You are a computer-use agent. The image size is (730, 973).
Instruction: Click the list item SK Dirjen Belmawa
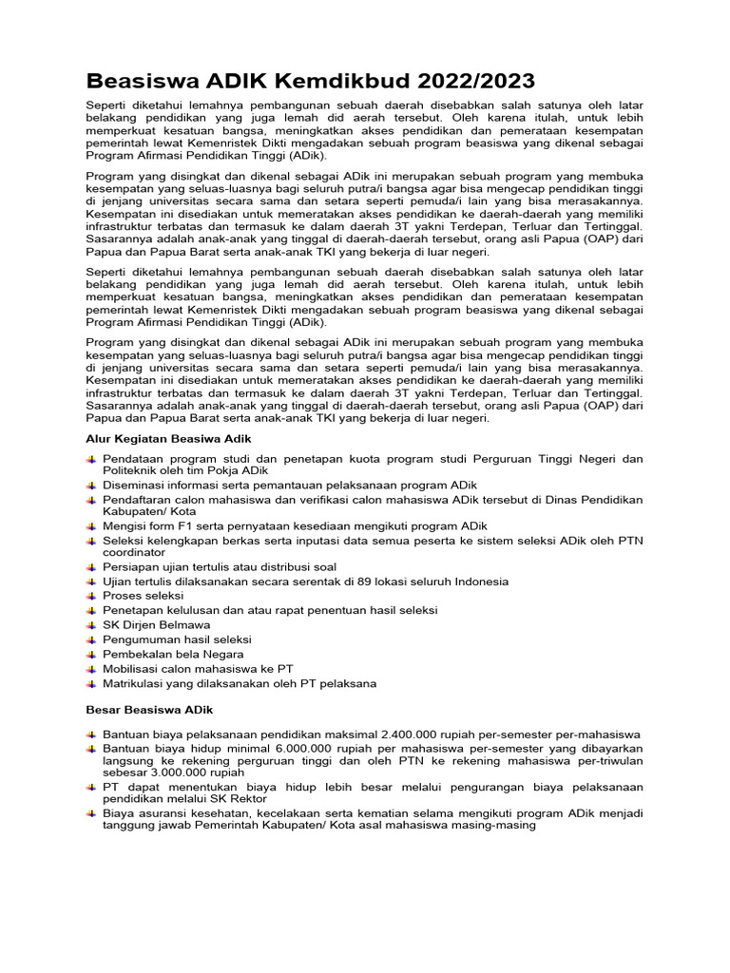(156, 625)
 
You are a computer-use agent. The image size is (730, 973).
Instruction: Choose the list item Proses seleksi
(142, 596)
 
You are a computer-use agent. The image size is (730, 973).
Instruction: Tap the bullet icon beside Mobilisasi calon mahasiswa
(90, 669)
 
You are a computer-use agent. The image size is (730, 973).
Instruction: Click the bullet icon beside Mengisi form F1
(90, 526)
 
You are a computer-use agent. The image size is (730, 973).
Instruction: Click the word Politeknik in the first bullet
(131, 471)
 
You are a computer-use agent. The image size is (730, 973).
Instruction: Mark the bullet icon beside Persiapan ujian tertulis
(90, 567)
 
